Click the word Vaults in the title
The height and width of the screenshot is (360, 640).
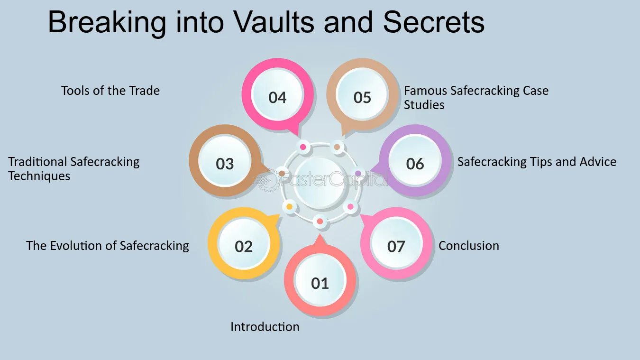point(274,22)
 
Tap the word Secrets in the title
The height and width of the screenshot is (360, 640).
point(433,22)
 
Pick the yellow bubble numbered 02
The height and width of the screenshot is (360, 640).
point(244,244)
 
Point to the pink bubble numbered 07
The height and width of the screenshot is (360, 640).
point(396,244)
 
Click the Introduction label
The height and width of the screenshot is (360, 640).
point(265,326)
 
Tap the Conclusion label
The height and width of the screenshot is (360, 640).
point(469,246)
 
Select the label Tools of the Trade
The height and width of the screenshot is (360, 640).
point(110,91)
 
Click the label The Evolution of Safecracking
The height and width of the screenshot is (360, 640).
point(108,246)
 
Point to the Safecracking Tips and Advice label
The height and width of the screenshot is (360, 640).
point(537,162)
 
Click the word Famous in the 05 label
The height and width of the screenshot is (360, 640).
point(425,91)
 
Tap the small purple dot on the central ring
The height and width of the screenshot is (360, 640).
point(358,173)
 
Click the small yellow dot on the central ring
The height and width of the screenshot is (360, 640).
point(290,206)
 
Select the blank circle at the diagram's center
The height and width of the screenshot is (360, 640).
point(320,183)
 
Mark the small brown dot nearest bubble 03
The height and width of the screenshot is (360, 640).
point(282,173)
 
